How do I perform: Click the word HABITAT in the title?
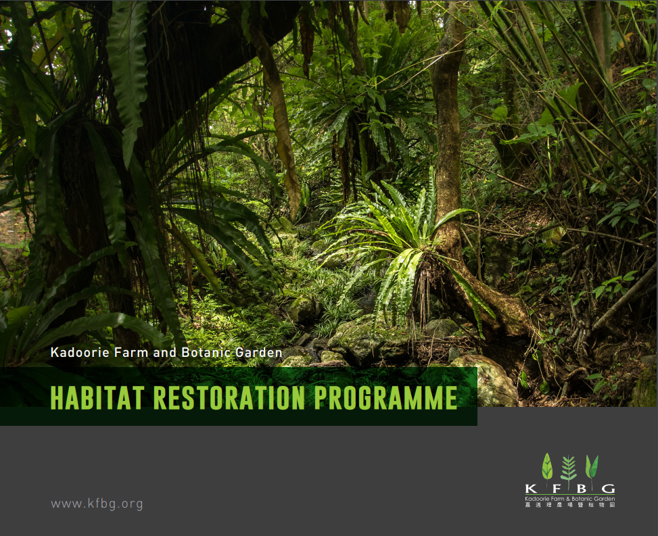[x=97, y=397]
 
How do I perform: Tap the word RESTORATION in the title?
[x=229, y=397]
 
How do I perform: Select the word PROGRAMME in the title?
[x=385, y=397]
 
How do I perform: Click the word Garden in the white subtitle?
[x=258, y=352]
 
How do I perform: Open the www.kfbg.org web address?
[x=97, y=504]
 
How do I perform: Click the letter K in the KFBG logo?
[x=531, y=489]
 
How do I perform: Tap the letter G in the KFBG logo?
[x=608, y=489]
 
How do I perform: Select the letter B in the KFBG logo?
[x=581, y=489]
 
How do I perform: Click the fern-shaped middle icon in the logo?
[x=569, y=470]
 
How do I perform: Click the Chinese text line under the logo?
[x=570, y=504]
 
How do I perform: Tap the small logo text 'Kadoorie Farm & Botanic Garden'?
[x=570, y=499]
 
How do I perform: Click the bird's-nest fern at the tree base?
[x=403, y=243]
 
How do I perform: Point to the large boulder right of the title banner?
[x=487, y=380]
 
